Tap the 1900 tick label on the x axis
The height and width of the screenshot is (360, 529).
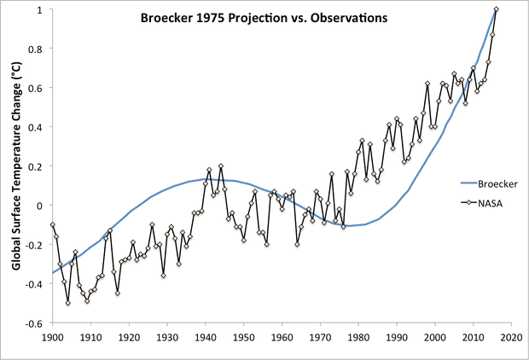click(x=53, y=338)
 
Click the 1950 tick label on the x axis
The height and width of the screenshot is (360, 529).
click(x=244, y=338)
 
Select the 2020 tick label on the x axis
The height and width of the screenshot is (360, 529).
click(x=511, y=338)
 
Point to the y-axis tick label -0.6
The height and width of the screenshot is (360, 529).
click(x=35, y=324)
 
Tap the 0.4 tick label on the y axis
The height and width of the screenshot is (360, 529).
click(x=37, y=127)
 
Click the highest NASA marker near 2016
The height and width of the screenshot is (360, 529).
click(x=497, y=9)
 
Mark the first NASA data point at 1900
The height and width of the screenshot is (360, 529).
click(x=53, y=224)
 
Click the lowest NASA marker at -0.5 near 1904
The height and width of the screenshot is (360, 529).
click(x=68, y=303)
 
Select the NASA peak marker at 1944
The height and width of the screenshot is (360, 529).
click(x=221, y=166)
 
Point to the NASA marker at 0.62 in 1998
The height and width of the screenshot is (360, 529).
click(x=427, y=84)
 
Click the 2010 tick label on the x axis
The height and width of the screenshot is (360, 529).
click(x=473, y=338)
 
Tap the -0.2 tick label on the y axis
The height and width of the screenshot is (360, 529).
click(x=35, y=245)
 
